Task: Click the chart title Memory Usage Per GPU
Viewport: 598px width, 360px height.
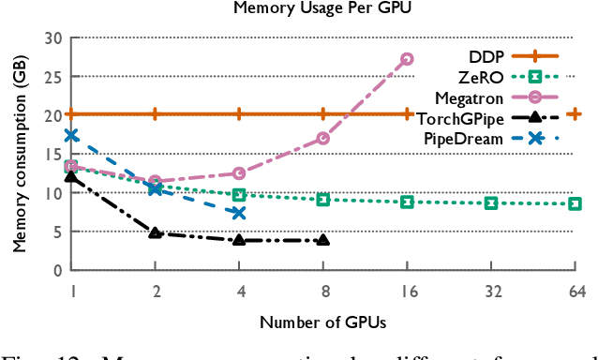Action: click(324, 11)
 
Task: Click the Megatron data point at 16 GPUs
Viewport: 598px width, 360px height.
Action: click(407, 59)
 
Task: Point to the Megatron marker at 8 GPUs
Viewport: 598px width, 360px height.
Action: click(323, 138)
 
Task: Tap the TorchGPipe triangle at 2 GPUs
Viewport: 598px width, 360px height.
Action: click(156, 232)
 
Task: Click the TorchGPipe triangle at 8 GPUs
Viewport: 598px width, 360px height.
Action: click(323, 240)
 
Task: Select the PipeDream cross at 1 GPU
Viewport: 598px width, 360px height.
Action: click(71, 135)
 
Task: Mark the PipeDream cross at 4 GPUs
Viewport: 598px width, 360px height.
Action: click(239, 213)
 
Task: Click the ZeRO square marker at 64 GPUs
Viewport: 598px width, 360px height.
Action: click(575, 203)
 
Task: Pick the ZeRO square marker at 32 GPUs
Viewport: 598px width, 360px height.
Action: click(491, 202)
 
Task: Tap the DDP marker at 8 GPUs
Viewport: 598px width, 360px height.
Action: click(323, 114)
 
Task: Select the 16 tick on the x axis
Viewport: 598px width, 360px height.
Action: click(407, 292)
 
